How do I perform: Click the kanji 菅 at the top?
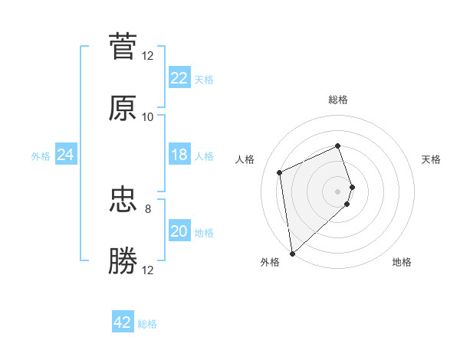(x=123, y=47)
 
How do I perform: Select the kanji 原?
(x=123, y=109)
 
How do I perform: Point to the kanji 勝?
(x=123, y=261)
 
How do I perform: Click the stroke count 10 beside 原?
(x=147, y=117)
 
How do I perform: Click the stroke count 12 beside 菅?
(x=147, y=55)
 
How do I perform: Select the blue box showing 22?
(x=179, y=78)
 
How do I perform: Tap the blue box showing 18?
(x=179, y=155)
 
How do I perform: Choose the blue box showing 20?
(x=179, y=231)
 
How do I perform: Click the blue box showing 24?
(x=65, y=155)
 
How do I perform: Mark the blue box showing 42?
(x=123, y=322)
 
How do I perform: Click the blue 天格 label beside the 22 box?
(x=204, y=79)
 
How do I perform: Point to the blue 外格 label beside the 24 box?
(x=41, y=155)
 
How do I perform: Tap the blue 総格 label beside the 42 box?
(x=147, y=324)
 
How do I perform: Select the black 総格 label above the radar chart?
(x=338, y=100)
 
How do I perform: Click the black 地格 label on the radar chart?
(x=402, y=262)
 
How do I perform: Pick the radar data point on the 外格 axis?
(x=292, y=253)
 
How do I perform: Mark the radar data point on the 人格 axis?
(x=280, y=172)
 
